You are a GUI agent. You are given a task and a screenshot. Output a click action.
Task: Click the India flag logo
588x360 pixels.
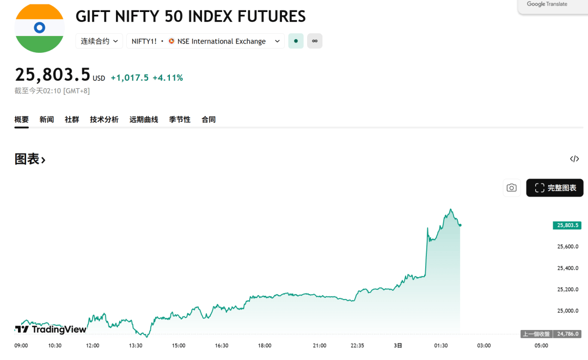(x=39, y=28)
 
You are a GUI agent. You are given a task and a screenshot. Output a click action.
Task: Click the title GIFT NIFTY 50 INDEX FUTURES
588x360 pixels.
(x=191, y=16)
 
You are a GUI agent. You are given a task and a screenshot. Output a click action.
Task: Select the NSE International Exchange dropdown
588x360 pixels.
(x=206, y=41)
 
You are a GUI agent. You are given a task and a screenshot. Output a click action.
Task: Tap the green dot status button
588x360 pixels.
(x=296, y=41)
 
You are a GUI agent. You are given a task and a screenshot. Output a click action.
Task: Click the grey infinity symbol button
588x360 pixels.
(x=315, y=41)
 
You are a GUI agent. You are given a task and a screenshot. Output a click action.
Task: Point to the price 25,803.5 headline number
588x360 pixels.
(x=52, y=75)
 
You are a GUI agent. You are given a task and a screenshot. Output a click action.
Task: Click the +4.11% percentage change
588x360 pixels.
(x=168, y=78)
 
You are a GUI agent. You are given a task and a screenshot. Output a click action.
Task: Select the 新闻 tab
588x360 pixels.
(x=47, y=119)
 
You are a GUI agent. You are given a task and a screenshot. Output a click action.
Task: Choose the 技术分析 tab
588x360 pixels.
(x=104, y=119)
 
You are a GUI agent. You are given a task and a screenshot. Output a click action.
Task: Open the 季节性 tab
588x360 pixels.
(x=180, y=119)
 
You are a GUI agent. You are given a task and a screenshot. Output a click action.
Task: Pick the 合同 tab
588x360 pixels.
(x=209, y=119)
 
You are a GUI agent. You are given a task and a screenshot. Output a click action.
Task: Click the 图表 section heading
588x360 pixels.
(x=30, y=159)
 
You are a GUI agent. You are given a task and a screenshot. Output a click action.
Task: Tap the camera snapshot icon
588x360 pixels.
(x=511, y=188)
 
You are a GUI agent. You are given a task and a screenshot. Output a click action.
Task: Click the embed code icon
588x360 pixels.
(x=574, y=159)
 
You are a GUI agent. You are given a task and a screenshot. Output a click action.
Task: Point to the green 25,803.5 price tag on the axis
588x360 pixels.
(x=567, y=225)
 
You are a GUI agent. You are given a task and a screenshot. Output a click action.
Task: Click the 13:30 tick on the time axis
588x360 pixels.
(x=136, y=345)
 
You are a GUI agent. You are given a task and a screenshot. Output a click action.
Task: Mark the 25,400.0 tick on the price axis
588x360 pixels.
(x=567, y=268)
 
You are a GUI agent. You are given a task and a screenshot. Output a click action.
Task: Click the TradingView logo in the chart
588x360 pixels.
(x=51, y=329)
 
